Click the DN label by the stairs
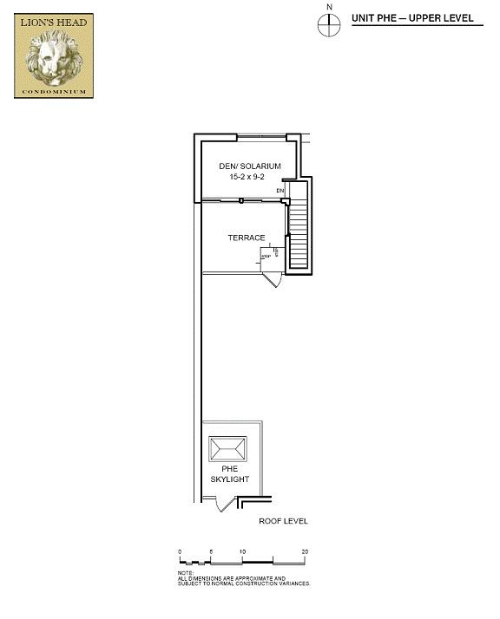280,191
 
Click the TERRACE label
246,238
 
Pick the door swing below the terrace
273,280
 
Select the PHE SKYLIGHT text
229,474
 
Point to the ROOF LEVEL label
283,521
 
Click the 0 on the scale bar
180,551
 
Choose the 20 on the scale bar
304,551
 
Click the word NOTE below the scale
185,572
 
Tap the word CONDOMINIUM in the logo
54,91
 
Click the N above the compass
329,7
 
